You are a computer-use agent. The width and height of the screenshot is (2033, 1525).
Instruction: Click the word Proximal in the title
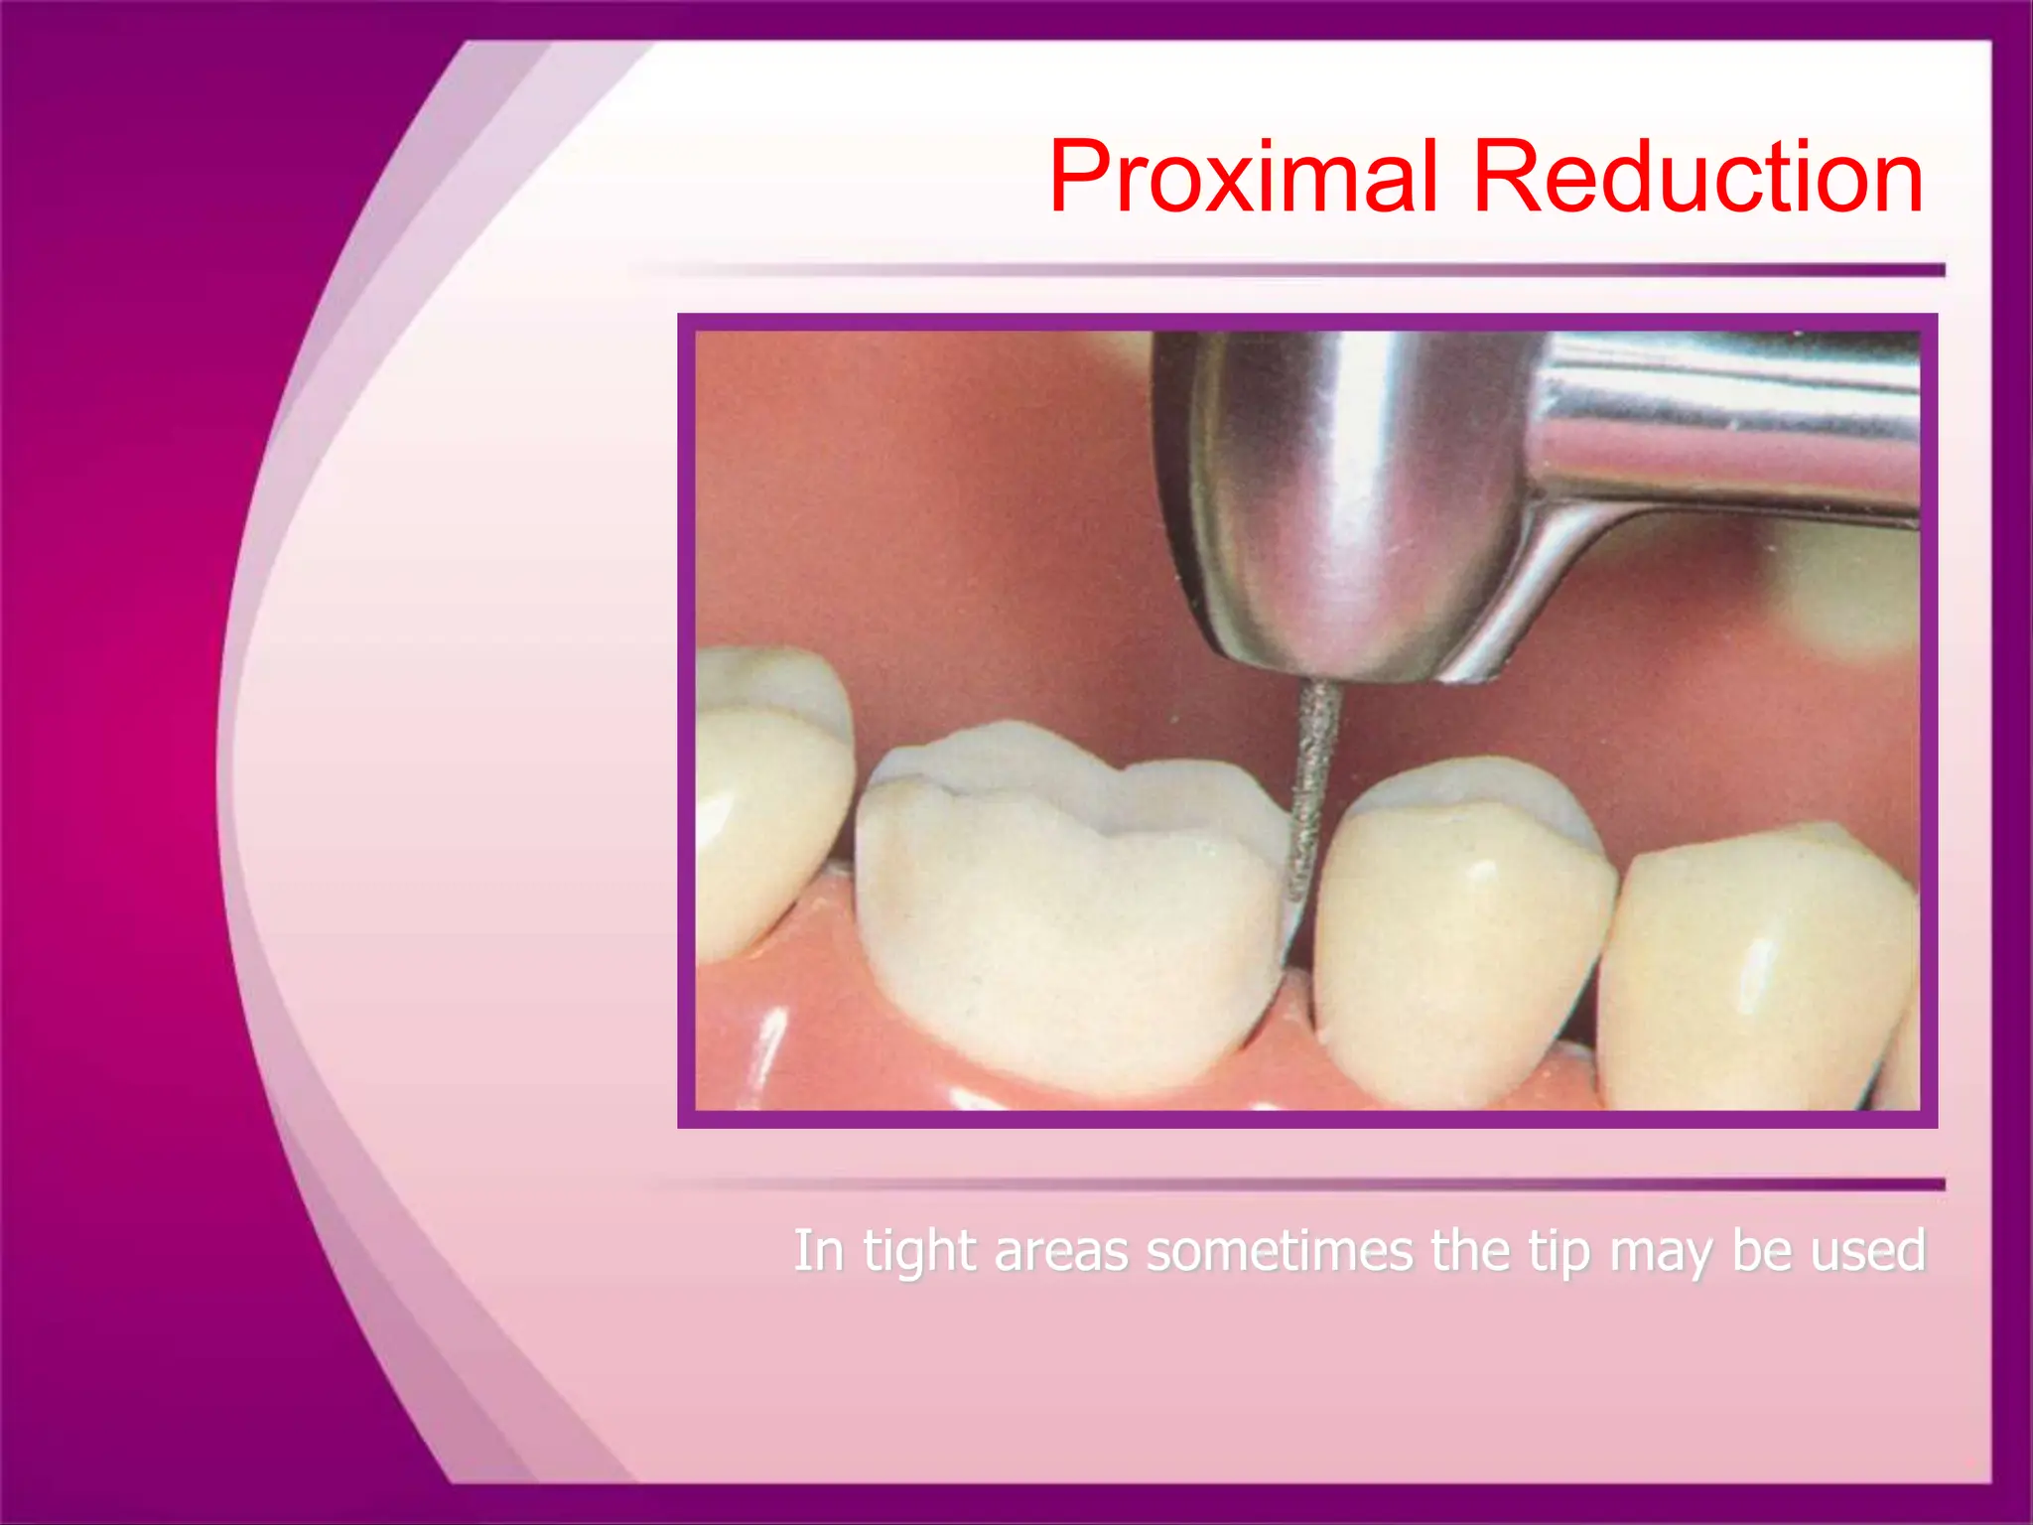1242,179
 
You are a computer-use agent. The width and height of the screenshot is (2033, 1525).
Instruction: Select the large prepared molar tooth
1067,923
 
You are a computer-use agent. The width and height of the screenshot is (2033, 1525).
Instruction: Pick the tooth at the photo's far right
1757,973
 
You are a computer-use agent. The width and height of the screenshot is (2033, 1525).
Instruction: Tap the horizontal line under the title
1290,270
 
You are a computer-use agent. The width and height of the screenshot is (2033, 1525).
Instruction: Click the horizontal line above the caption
1290,1183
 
